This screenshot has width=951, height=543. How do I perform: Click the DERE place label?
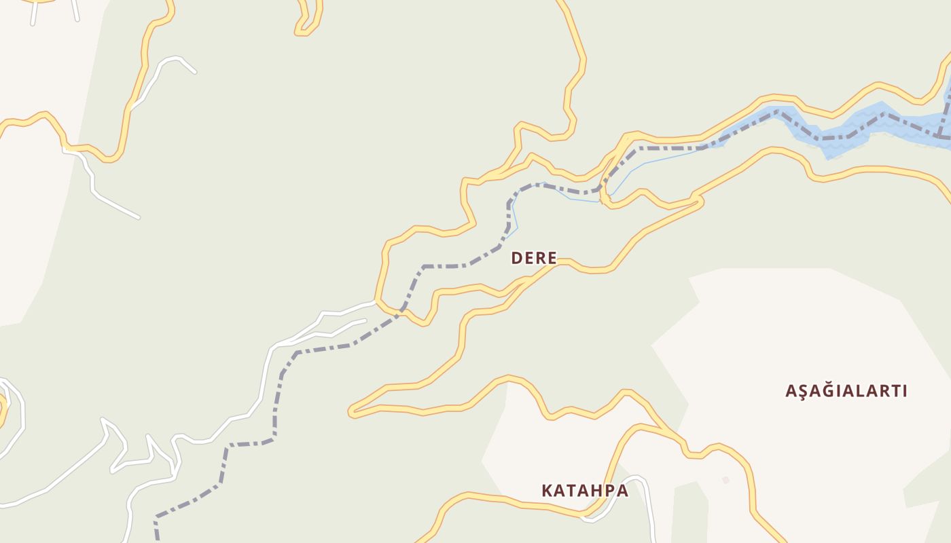click(x=534, y=258)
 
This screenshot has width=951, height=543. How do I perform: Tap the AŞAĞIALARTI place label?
click(x=846, y=391)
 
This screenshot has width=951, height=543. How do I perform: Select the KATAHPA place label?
click(x=585, y=490)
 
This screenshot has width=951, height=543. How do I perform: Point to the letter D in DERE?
click(x=516, y=258)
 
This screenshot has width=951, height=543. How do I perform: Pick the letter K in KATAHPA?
click(x=547, y=490)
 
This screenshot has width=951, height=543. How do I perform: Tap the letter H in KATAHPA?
click(x=596, y=490)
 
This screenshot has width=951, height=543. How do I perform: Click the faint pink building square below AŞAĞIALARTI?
click(x=725, y=480)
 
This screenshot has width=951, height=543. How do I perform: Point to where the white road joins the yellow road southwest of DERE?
click(x=375, y=301)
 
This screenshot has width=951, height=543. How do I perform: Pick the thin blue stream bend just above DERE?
click(x=514, y=217)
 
